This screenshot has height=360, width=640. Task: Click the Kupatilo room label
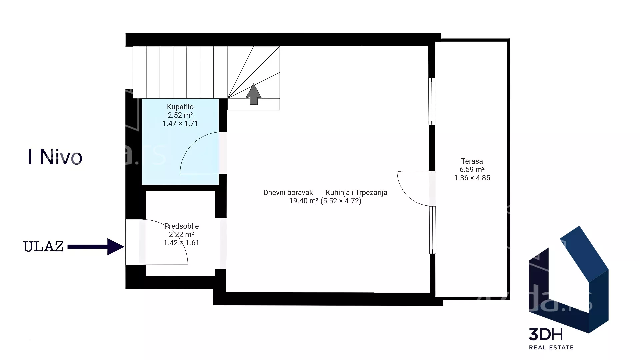(180, 107)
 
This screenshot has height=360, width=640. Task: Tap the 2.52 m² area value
(180, 115)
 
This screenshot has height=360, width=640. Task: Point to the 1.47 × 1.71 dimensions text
(180, 124)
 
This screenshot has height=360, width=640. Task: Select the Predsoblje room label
(181, 226)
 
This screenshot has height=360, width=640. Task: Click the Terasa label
(472, 161)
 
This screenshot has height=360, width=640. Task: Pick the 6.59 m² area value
(472, 170)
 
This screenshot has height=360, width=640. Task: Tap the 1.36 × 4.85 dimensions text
(472, 178)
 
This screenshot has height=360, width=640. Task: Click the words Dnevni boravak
(288, 193)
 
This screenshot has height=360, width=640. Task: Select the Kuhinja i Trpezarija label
(356, 193)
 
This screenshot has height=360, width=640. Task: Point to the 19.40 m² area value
(304, 201)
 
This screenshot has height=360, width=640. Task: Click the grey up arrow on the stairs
(254, 94)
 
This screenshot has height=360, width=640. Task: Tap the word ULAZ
(43, 247)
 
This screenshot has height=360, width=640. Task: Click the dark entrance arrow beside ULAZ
(96, 247)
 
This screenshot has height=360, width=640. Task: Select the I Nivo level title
(55, 157)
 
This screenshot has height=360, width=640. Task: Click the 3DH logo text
(546, 334)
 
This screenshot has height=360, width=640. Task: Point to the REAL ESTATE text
(551, 348)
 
